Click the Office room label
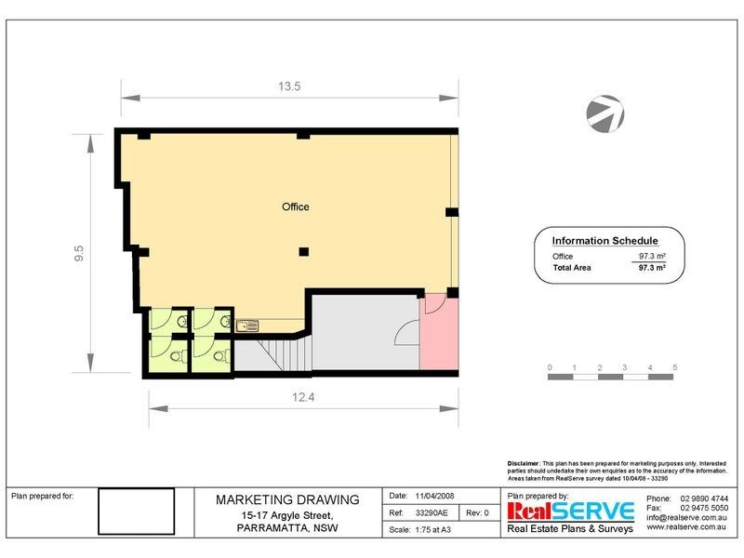pos(296,206)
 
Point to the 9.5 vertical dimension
pos(80,253)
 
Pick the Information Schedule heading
pos(604,240)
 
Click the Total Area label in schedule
pos(572,268)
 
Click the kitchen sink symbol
pos(247,325)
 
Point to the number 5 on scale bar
pos(675,367)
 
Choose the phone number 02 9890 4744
pos(704,499)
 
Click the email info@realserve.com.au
pos(687,518)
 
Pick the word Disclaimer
pos(523,462)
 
